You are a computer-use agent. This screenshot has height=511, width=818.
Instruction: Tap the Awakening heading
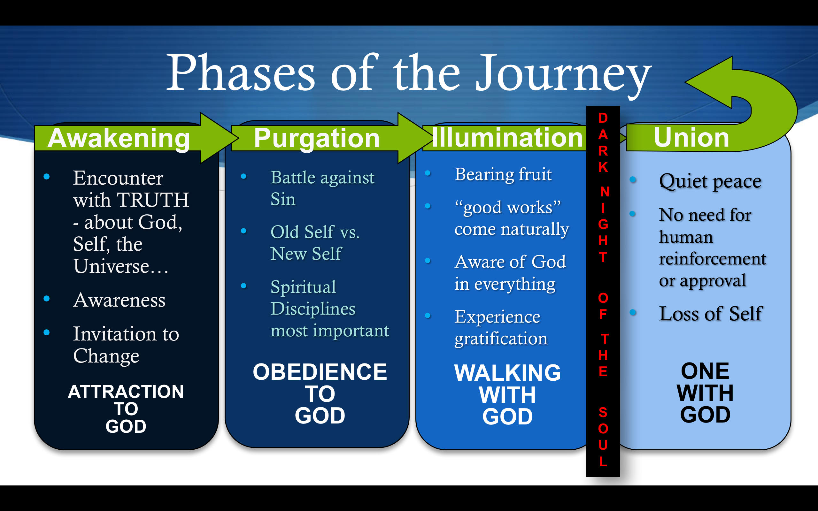[119, 138]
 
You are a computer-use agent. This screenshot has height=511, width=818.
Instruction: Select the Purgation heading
[316, 138]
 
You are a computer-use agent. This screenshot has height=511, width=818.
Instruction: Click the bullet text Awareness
[119, 300]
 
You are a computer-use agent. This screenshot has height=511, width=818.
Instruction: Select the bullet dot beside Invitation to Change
[47, 332]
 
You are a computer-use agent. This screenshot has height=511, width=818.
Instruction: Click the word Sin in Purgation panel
[283, 199]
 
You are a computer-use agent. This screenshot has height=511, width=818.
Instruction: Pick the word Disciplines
[313, 309]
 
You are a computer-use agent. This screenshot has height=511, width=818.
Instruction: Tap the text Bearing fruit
[503, 174]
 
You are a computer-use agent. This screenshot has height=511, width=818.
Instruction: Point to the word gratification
[501, 339]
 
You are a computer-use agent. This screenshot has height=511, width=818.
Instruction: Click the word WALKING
[507, 373]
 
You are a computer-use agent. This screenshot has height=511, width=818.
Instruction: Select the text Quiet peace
[710, 181]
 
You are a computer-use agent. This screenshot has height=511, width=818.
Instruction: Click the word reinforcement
[712, 259]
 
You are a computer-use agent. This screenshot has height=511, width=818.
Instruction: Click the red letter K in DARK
[603, 167]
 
